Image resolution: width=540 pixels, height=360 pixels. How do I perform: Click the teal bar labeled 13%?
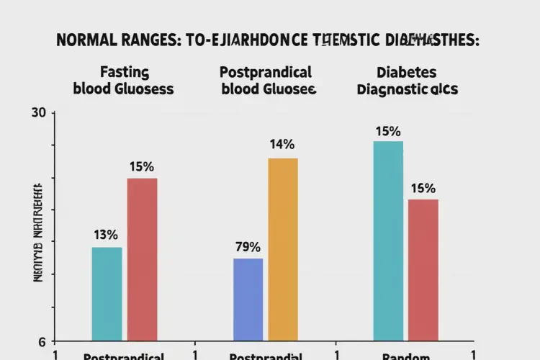[107, 294]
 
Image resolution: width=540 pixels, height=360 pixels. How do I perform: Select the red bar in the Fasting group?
[142, 259]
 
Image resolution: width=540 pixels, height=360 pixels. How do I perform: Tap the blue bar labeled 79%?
[248, 300]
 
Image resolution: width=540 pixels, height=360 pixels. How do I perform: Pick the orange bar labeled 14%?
[283, 249]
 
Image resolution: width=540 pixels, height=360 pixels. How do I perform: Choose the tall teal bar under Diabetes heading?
[389, 241]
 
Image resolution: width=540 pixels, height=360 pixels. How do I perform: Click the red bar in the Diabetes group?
[423, 270]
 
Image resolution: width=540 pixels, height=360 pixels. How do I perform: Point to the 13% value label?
[106, 235]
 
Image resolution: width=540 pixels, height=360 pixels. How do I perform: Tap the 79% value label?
[248, 246]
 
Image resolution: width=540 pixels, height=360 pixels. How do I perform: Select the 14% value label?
[282, 144]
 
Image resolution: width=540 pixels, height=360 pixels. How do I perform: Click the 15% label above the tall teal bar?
[388, 132]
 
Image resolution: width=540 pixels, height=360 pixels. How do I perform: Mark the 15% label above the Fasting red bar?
[141, 166]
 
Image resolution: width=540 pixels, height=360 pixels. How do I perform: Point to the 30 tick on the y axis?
[39, 112]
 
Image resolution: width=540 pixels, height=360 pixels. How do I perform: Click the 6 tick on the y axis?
[42, 341]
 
